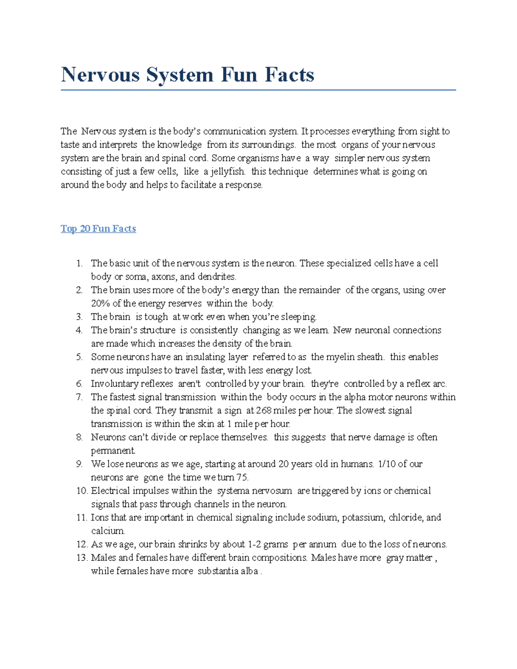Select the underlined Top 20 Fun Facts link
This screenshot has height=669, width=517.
(x=98, y=229)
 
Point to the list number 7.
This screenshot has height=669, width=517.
(x=79, y=397)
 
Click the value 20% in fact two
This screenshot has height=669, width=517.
(x=100, y=303)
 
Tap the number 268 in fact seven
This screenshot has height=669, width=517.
(x=263, y=411)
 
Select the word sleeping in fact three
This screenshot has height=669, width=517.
(x=299, y=317)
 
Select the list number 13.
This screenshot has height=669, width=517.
(x=82, y=557)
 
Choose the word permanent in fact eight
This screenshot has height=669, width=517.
(x=113, y=451)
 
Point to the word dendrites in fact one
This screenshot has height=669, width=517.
(x=217, y=277)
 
